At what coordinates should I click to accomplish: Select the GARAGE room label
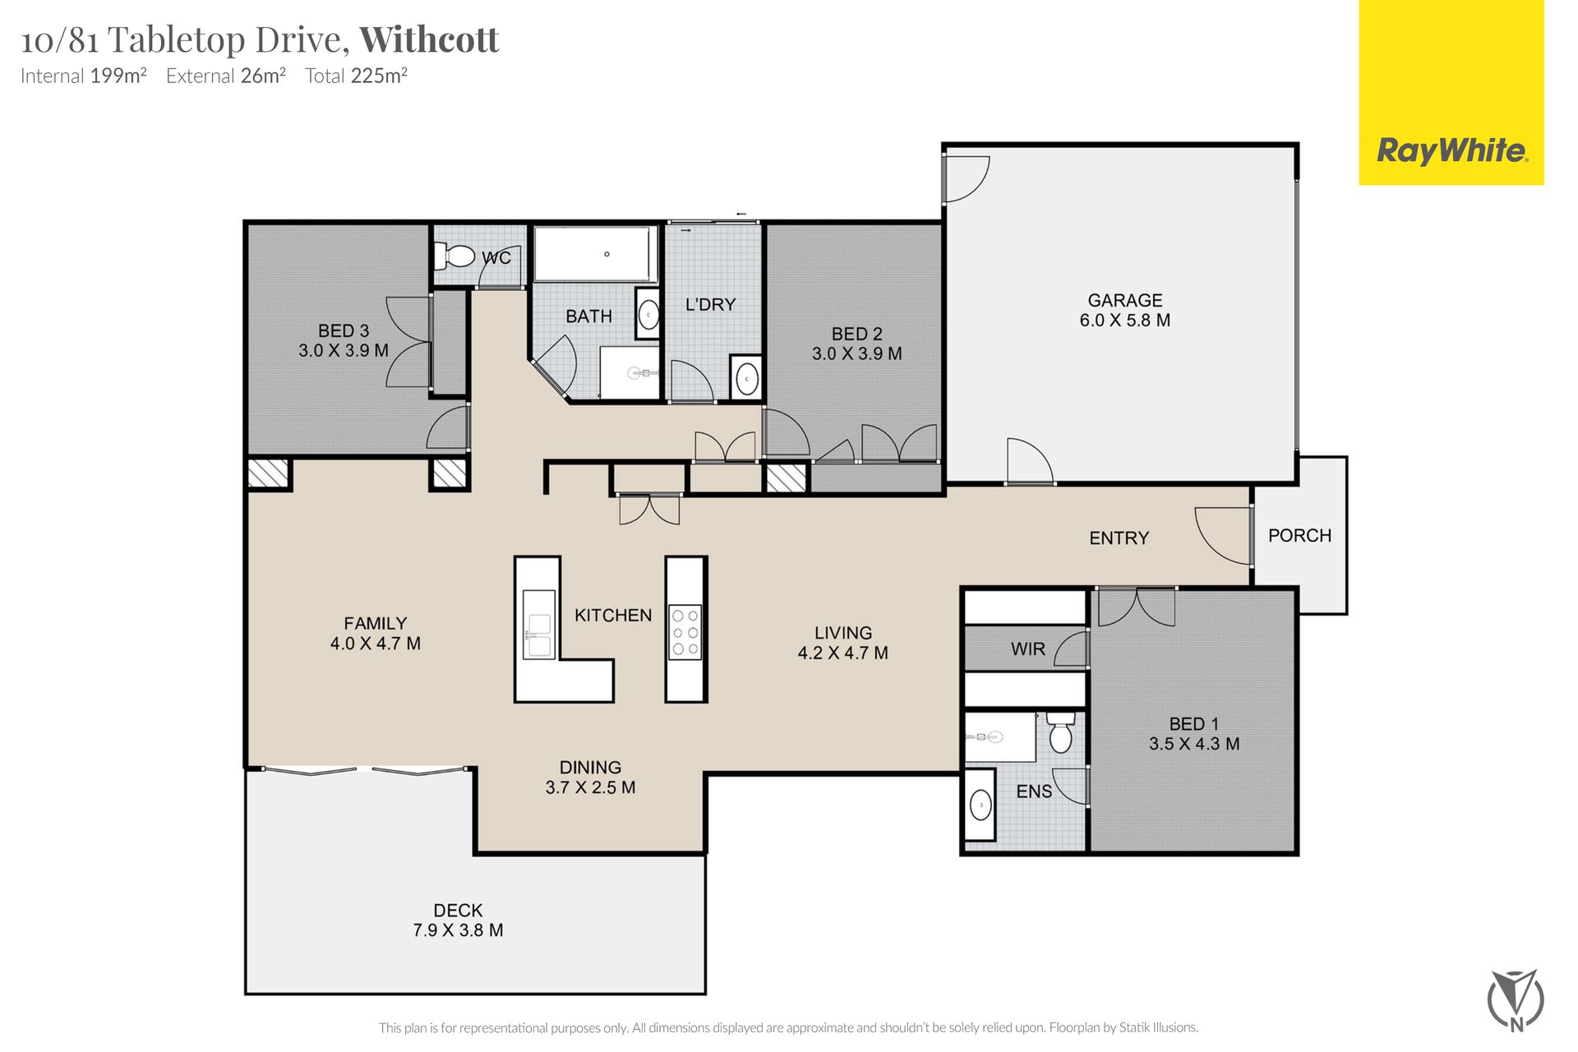pyautogui.click(x=1125, y=301)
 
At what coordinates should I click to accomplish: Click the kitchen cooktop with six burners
pyautogui.click(x=685, y=632)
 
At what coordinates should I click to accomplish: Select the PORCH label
pyautogui.click(x=1299, y=536)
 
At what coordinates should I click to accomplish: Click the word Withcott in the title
pyautogui.click(x=429, y=39)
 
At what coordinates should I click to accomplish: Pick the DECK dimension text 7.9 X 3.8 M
pyautogui.click(x=458, y=930)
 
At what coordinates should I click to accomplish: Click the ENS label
pyautogui.click(x=1034, y=791)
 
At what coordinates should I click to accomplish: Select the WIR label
pyautogui.click(x=1028, y=649)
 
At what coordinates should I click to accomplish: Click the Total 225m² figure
pyautogui.click(x=357, y=76)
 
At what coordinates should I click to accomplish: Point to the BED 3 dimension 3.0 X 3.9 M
pyautogui.click(x=344, y=350)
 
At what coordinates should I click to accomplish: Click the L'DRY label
pyautogui.click(x=710, y=305)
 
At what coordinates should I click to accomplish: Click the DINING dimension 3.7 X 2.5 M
pyautogui.click(x=590, y=787)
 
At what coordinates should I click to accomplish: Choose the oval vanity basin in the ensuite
pyautogui.click(x=980, y=805)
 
